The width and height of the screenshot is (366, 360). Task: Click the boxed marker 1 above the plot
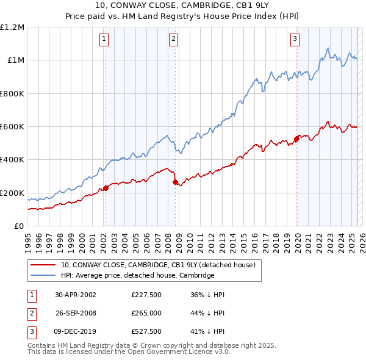click(105, 40)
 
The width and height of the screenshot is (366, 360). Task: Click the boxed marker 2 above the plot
click(174, 40)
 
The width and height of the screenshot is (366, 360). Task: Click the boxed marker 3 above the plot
click(295, 40)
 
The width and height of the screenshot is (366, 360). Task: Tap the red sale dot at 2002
click(106, 188)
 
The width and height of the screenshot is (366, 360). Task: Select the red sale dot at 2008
click(175, 182)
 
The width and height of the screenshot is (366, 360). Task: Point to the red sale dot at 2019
click(296, 139)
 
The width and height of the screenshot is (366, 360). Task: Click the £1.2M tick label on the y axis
click(12, 27)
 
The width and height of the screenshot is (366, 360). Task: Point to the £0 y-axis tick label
click(19, 226)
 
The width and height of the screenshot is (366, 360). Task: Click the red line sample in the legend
click(43, 265)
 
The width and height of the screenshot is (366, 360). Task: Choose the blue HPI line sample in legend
click(43, 275)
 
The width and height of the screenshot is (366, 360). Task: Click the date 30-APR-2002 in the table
click(76, 295)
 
